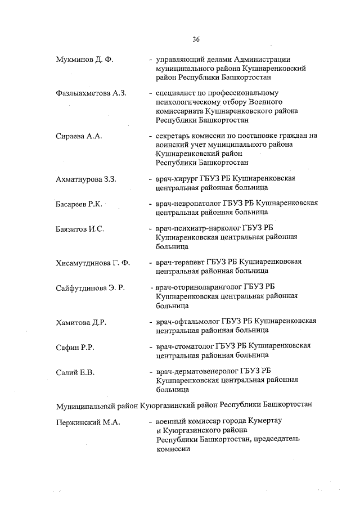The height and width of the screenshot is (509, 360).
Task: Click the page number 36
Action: pyautogui.click(x=196, y=39)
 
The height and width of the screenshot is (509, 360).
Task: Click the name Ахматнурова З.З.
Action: pyautogui.click(x=85, y=180)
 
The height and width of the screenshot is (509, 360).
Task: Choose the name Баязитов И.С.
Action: pyautogui.click(x=79, y=229)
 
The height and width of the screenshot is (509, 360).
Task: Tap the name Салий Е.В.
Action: pyautogui.click(x=75, y=372)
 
